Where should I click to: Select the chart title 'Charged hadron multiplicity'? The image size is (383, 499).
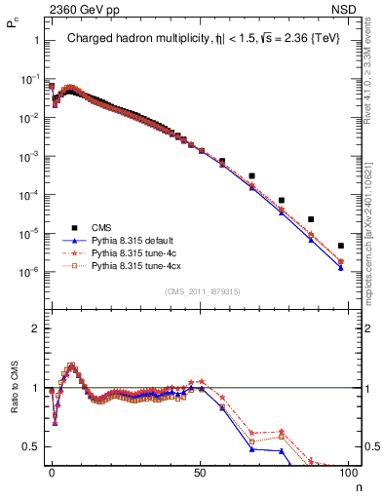(x=136, y=39)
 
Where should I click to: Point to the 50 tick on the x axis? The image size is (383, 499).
(x=200, y=472)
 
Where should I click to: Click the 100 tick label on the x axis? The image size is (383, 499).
(x=347, y=472)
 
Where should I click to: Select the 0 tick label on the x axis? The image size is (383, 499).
(x=52, y=472)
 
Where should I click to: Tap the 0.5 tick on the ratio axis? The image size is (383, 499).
(x=33, y=446)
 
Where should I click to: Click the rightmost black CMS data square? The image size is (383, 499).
(x=340, y=246)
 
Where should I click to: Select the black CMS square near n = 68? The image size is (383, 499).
(x=251, y=176)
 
